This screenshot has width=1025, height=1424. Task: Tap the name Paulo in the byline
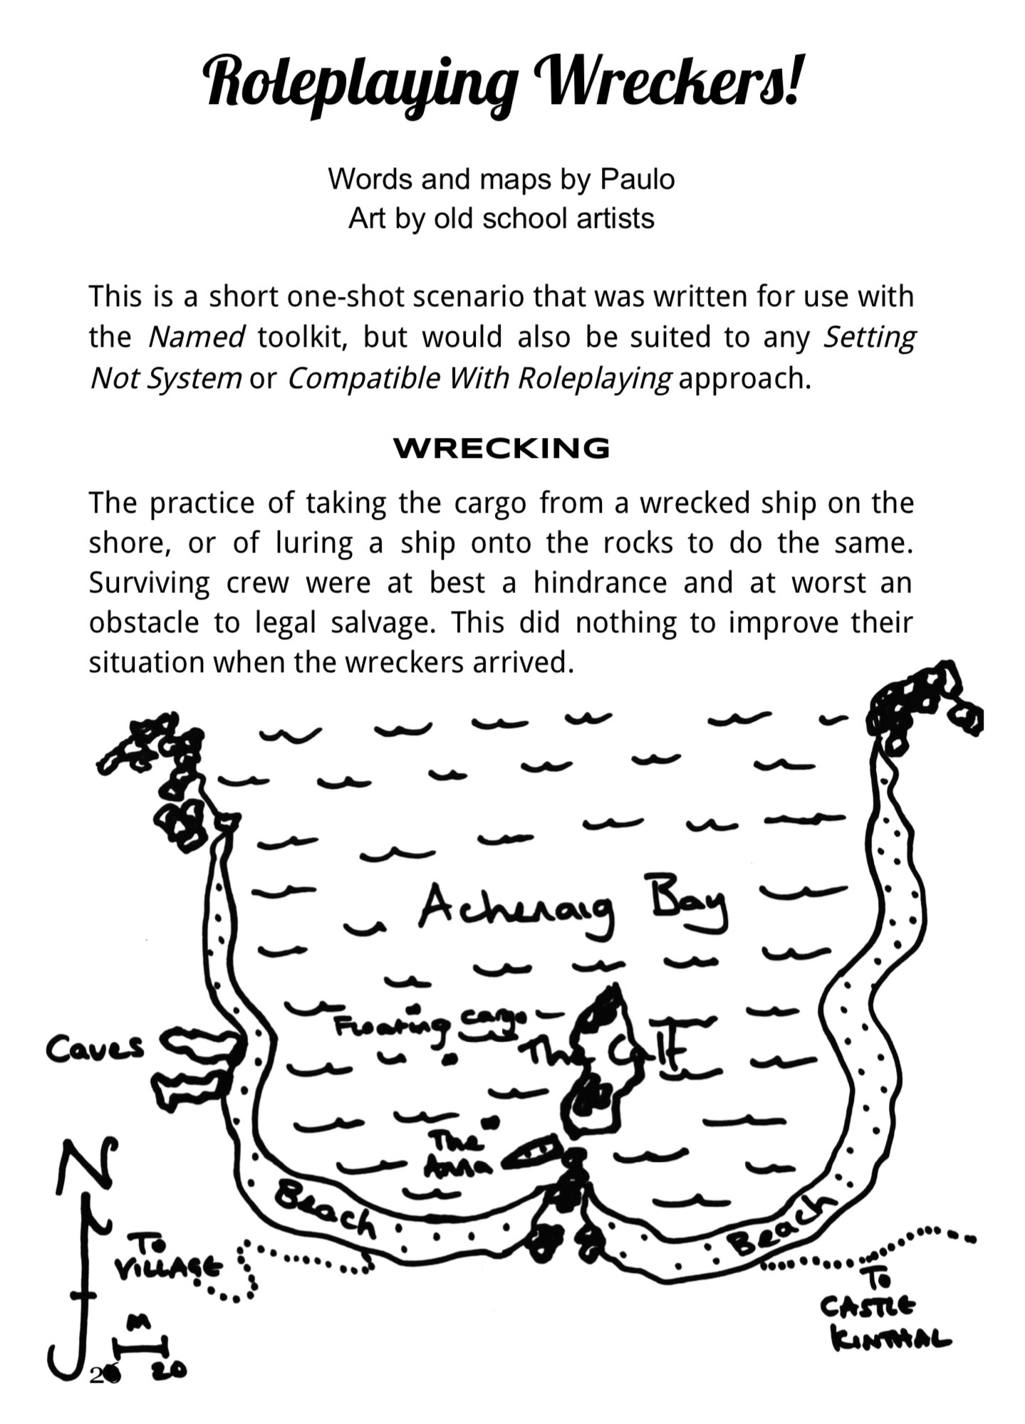pos(637,179)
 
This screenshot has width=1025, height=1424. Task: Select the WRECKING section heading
pos(501,449)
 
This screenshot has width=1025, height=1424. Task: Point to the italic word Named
pos(196,337)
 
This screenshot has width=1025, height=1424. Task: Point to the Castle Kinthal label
pos(883,1321)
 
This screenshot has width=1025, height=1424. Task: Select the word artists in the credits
pos(615,219)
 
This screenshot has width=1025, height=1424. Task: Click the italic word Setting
pos(869,337)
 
